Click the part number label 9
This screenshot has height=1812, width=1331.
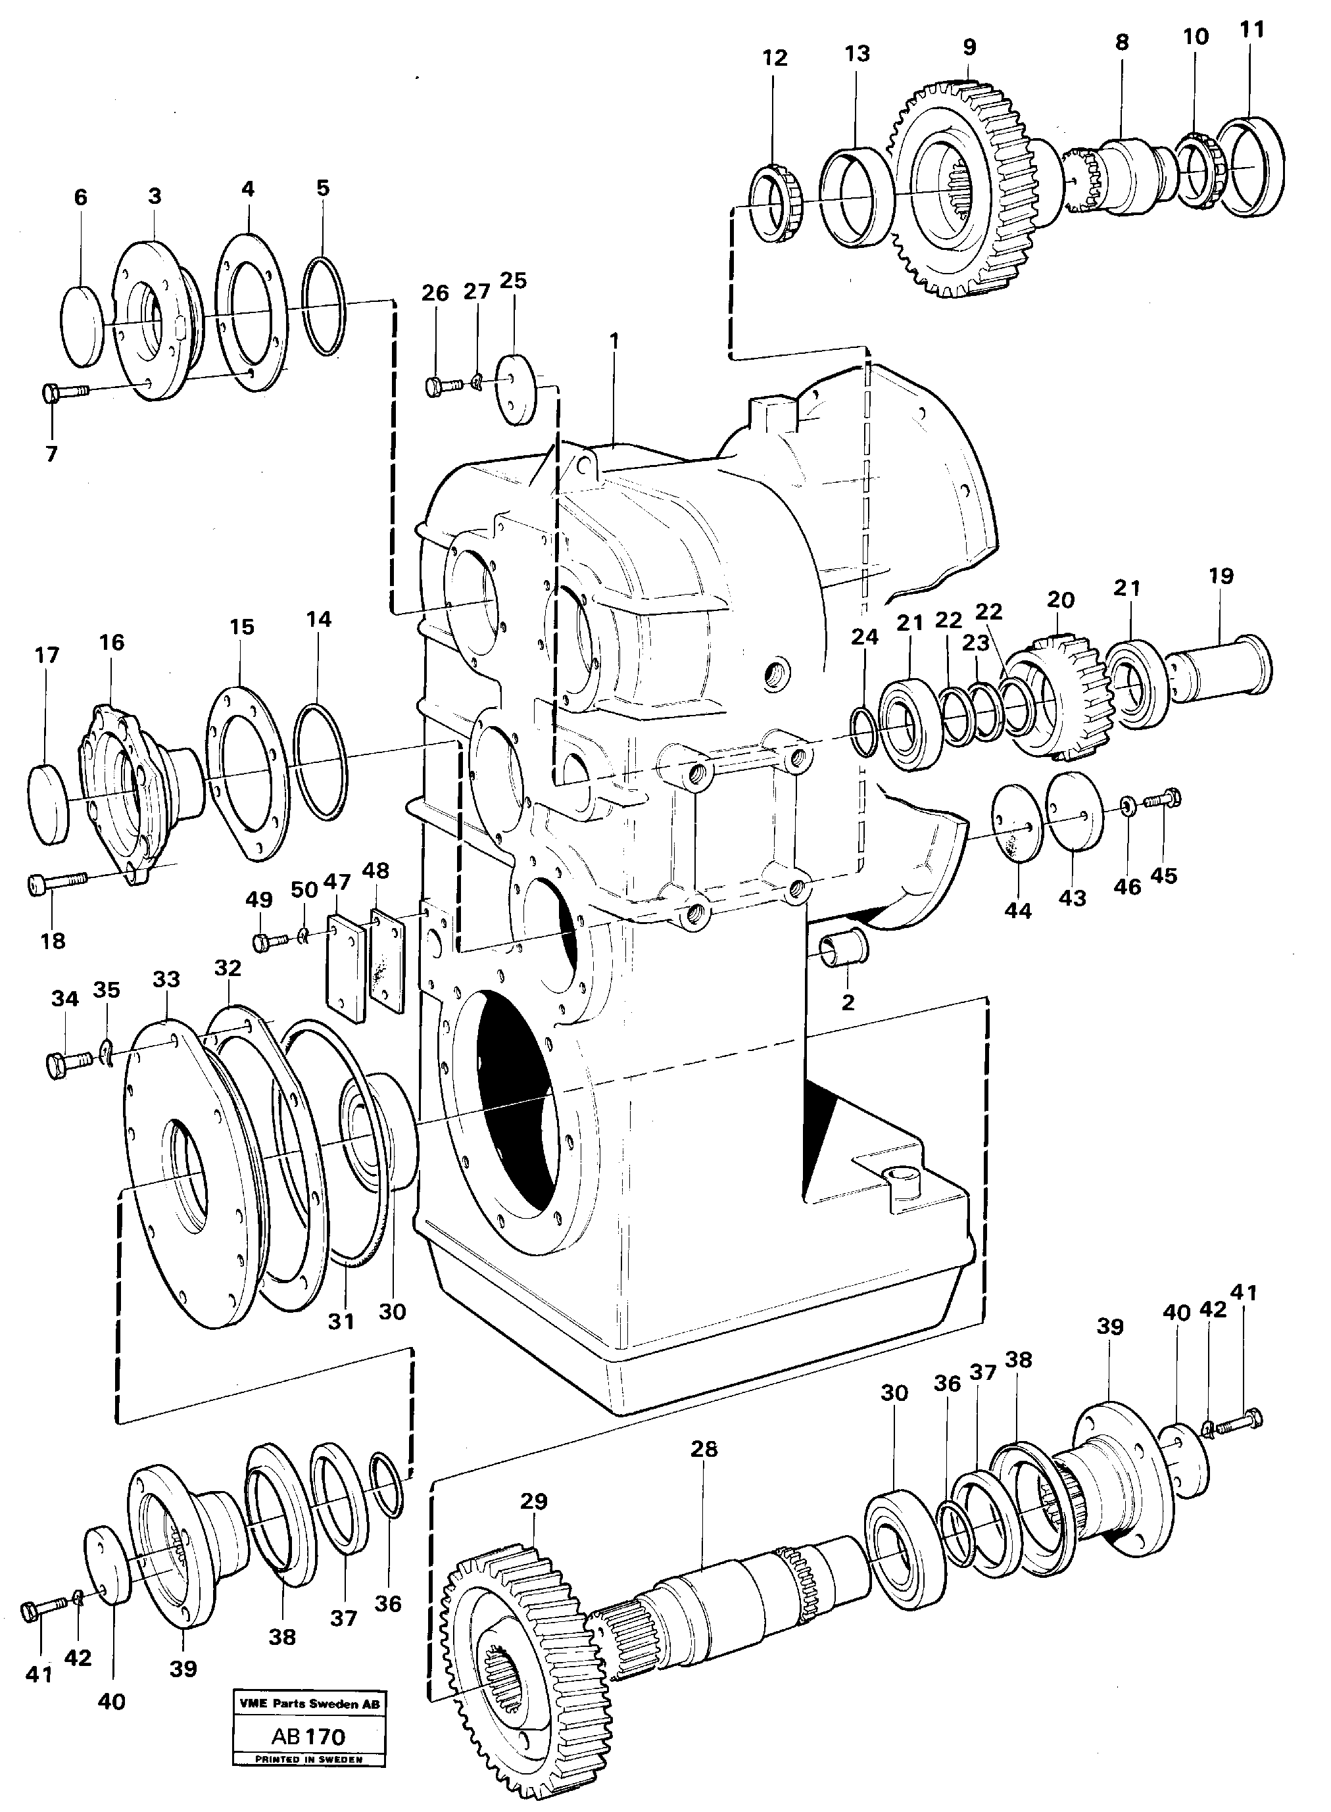[x=969, y=47]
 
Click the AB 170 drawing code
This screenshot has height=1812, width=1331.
[x=308, y=1737]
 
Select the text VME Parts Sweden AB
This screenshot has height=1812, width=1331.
[x=308, y=1704]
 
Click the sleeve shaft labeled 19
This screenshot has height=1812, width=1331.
[x=1221, y=665]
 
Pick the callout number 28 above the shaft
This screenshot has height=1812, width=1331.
[x=704, y=1449]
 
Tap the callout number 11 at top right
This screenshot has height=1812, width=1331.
[x=1251, y=30]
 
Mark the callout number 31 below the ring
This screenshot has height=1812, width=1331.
[x=341, y=1321]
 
